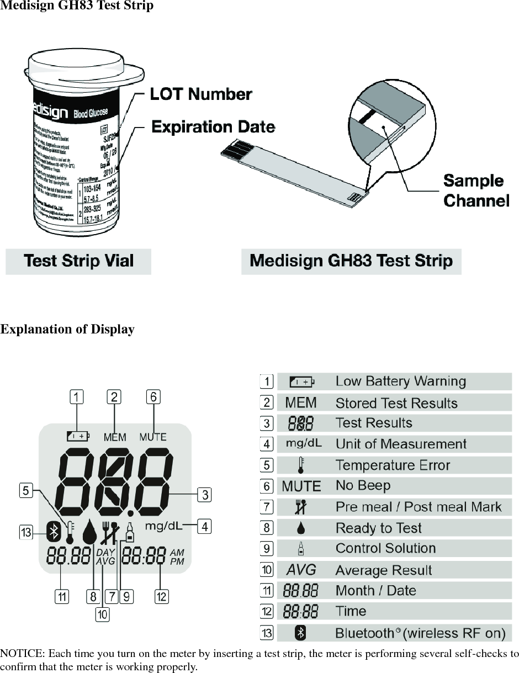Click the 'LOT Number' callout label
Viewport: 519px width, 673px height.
201,94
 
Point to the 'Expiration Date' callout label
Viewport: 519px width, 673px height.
213,127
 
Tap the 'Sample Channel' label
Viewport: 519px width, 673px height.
476,190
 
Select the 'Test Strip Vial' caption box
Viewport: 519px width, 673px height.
78,261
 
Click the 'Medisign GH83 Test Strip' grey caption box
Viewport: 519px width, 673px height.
351,261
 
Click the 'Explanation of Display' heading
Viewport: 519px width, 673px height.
67,330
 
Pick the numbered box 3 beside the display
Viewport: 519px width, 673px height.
205,494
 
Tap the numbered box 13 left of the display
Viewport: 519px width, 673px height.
26,532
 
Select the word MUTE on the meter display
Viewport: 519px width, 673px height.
152,437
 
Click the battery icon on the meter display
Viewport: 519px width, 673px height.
78,436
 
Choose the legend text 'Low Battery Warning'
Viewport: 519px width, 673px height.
400,381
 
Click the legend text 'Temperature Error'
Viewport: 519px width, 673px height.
393,465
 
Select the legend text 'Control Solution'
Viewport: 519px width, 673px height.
385,549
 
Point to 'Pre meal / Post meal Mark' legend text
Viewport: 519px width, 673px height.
419,507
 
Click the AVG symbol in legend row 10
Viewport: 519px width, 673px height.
301,570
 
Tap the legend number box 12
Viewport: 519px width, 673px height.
267,612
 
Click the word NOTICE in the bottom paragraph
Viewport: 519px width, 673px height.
19,654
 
